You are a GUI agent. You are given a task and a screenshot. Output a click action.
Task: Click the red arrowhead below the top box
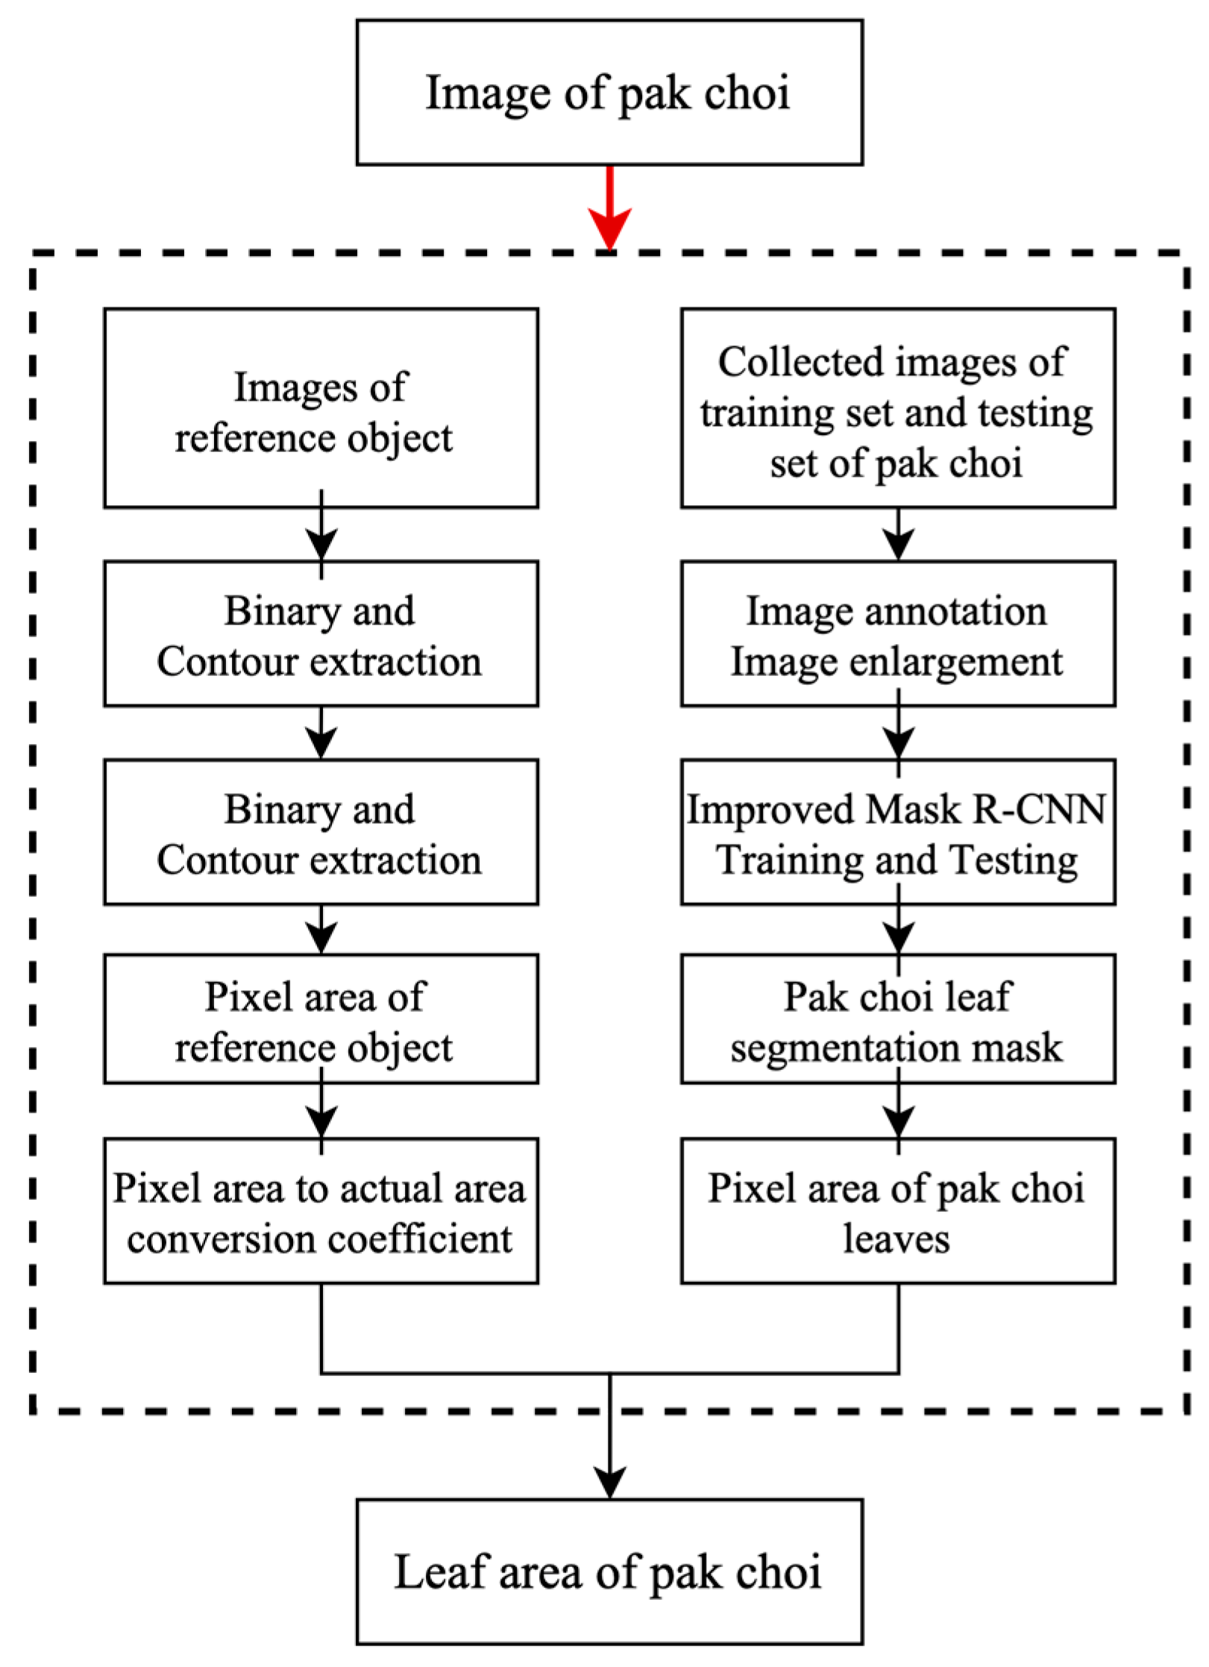click(x=609, y=227)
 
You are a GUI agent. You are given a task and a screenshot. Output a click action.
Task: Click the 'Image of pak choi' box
click(x=609, y=93)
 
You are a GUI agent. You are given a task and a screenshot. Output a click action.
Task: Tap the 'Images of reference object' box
click(x=321, y=408)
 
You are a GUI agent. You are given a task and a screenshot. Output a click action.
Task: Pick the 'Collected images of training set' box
click(x=897, y=408)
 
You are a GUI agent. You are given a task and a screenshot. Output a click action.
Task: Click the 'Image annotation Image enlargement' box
click(x=897, y=634)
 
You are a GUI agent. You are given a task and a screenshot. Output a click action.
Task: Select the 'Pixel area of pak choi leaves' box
click(x=897, y=1211)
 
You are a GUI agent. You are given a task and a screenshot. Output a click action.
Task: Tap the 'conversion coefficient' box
click(x=321, y=1211)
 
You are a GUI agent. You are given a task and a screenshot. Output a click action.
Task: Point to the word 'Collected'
click(x=800, y=362)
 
